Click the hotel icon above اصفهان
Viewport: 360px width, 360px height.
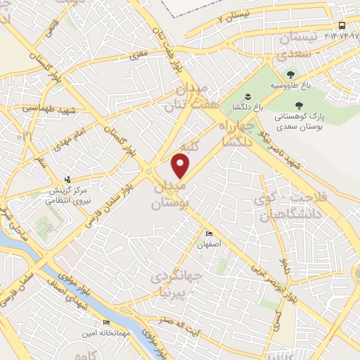pos(208,234)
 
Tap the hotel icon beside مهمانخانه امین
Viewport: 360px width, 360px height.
pos(106,323)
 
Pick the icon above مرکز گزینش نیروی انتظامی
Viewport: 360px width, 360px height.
pos(68,179)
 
